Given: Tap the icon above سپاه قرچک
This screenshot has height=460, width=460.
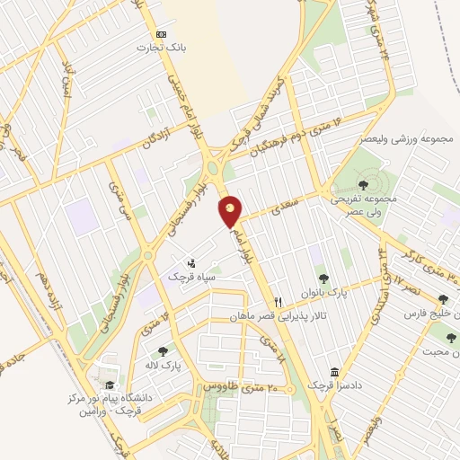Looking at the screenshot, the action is coord(190,263).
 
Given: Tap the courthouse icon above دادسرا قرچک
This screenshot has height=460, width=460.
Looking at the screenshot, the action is coord(334,372).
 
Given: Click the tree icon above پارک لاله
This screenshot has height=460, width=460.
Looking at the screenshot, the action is coord(163,351).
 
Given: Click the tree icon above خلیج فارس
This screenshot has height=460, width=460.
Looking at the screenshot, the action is coord(442,300).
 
